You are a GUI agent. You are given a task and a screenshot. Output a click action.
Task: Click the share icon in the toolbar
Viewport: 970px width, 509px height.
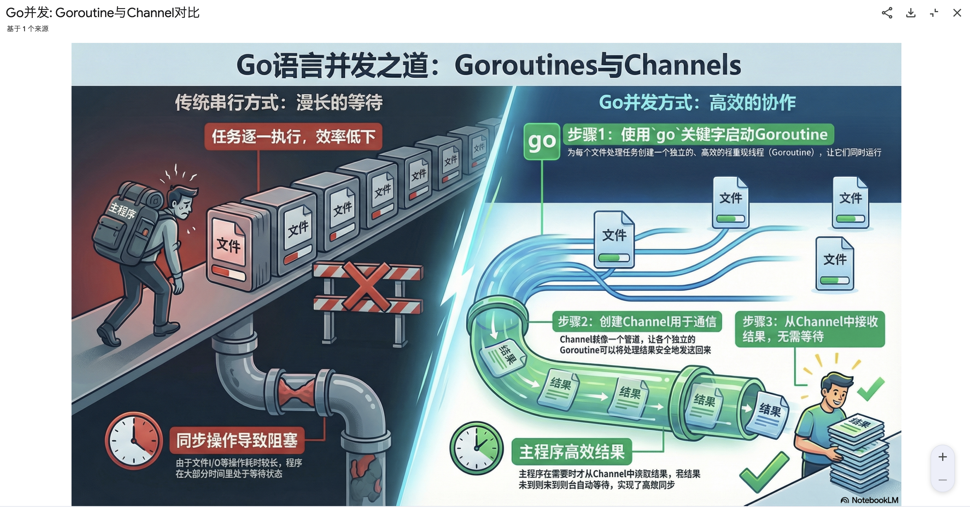point(887,13)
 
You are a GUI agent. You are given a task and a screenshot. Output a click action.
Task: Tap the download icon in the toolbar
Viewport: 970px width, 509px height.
point(911,13)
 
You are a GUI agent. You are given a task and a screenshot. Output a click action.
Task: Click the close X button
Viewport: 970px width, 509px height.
point(957,13)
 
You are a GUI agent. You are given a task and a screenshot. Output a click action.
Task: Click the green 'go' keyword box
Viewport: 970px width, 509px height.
point(542,141)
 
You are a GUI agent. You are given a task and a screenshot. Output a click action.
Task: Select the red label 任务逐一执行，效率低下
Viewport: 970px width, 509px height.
point(293,136)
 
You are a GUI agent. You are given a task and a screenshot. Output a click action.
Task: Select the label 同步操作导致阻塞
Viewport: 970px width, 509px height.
point(237,440)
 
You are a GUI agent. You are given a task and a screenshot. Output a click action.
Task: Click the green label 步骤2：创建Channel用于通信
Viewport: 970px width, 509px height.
point(637,321)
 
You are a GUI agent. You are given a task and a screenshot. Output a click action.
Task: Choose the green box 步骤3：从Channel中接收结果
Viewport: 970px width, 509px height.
point(810,329)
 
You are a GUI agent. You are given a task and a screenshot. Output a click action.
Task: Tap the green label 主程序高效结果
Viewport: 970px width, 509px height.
point(572,452)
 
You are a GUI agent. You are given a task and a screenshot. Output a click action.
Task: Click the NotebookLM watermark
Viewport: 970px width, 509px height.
point(870,500)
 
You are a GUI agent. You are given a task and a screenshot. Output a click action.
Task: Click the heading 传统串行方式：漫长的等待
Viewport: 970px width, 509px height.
point(279,102)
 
